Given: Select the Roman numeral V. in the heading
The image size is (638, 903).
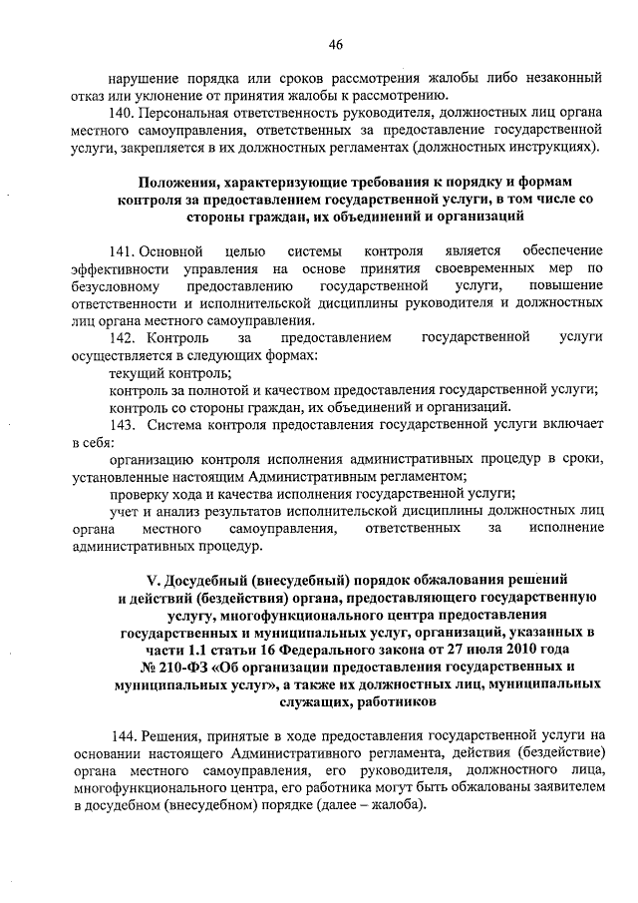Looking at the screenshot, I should pyautogui.click(x=154, y=580).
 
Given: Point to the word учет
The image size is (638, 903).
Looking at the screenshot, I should pyautogui.click(x=126, y=511).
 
